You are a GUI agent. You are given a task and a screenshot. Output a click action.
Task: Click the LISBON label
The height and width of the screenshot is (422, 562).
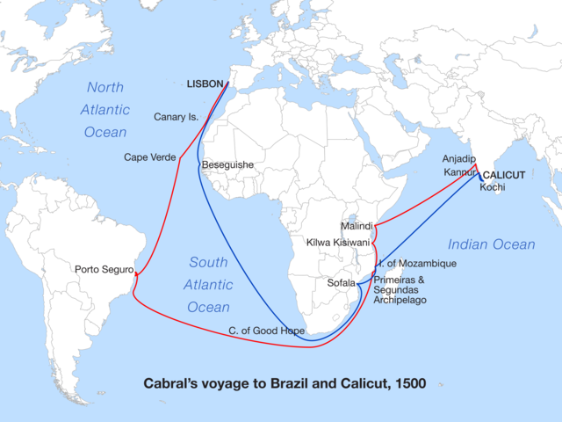205,84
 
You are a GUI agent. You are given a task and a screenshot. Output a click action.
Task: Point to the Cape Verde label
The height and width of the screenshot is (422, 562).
149,157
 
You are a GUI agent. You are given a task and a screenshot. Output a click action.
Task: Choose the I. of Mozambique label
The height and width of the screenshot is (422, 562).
417,264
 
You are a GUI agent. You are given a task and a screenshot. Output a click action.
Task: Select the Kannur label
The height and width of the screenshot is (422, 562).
458,171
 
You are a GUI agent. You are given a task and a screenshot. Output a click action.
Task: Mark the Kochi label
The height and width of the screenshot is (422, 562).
492,187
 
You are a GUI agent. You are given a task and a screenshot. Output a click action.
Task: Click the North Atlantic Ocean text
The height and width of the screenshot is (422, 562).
106,110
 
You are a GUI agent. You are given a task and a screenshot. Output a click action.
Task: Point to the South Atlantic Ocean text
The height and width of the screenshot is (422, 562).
208,285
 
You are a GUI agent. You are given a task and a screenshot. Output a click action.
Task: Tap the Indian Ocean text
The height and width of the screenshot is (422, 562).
491,244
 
